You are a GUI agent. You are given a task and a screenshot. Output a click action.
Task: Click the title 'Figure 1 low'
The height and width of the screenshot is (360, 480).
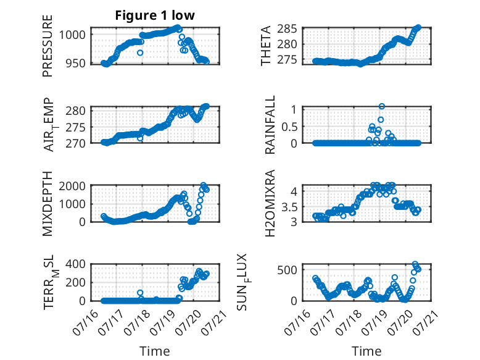pos(155,15)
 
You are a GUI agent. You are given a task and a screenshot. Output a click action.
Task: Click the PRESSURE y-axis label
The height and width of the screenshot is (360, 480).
pos(48,46)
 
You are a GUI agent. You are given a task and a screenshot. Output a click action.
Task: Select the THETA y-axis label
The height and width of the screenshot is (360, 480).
pos(266,46)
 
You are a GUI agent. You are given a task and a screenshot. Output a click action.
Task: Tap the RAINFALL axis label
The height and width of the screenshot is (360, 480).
pos(270,125)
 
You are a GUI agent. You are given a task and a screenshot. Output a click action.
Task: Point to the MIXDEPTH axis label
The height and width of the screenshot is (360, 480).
pos(48,204)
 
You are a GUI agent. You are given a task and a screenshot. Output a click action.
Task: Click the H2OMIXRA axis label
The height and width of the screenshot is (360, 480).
pos(270,203)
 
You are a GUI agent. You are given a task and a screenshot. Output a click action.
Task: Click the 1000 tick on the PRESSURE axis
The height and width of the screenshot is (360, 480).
pos(72,35)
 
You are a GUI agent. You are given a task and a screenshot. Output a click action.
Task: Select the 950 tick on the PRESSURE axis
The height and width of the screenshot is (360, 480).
pos(76,63)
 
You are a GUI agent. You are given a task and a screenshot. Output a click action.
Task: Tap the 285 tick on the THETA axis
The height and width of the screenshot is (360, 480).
pos(287,29)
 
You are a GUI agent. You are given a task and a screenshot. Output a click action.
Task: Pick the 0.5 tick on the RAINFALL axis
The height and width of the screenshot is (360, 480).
pos(289,126)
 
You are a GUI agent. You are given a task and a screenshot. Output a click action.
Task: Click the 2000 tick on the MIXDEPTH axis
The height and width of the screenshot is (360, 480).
pos(72,186)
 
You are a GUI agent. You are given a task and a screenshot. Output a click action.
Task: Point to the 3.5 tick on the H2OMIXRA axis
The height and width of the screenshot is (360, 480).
pos(289,207)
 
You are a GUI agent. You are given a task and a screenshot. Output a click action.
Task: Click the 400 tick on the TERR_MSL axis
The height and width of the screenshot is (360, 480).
pos(76,264)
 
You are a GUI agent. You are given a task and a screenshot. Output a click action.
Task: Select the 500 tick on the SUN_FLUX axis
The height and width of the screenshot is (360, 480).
pos(287,270)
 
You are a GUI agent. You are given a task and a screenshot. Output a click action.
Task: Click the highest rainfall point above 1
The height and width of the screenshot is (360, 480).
pos(381,106)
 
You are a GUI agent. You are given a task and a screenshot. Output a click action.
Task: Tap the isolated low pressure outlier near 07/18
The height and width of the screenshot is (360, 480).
pos(140,52)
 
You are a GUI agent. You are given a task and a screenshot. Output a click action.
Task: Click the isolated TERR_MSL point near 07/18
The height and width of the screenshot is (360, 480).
pos(140,293)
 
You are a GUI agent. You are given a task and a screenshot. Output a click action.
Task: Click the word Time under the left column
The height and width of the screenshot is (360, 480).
pos(155,351)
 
